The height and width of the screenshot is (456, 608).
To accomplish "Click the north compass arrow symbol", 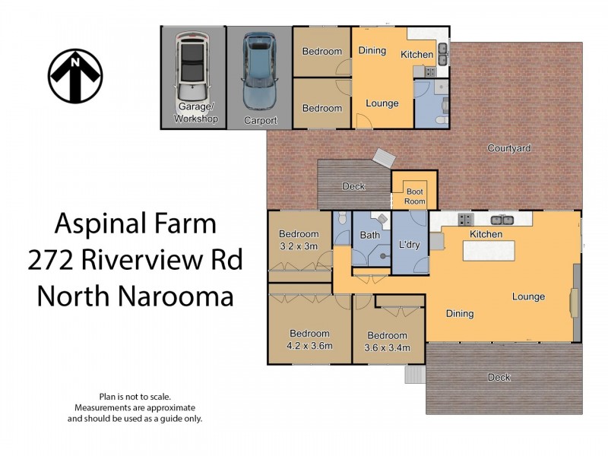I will coord(75,75).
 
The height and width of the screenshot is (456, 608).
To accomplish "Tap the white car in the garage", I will coord(193,70).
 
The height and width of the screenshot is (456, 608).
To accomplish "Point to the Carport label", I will coord(260,120).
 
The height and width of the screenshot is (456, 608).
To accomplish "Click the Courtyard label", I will coord(508,148).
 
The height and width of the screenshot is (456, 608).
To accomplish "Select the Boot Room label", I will coord(415,197).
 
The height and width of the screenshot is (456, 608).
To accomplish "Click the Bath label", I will coord(369,236).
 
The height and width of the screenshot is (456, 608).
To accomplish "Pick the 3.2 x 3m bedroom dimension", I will coord(299,246).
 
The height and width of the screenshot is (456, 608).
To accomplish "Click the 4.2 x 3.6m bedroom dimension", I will coord(309,346).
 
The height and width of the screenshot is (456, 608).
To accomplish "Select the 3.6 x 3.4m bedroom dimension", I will coord(387,348).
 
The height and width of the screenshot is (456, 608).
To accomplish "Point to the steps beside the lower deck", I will coord(415,375).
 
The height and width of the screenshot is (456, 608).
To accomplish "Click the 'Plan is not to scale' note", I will coord(135,396).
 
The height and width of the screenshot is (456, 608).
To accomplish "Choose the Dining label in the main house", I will coord(460,313).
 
